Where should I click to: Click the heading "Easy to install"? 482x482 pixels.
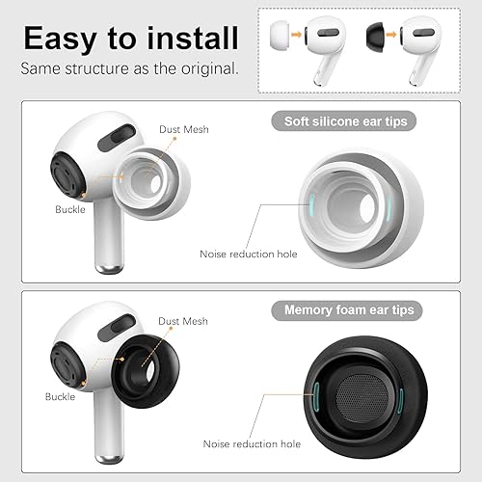[x=130, y=38]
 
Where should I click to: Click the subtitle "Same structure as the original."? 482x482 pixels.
[x=130, y=69]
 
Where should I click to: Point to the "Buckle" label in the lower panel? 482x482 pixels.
[x=60, y=395]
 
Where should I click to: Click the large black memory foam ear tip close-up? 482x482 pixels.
[x=362, y=390]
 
